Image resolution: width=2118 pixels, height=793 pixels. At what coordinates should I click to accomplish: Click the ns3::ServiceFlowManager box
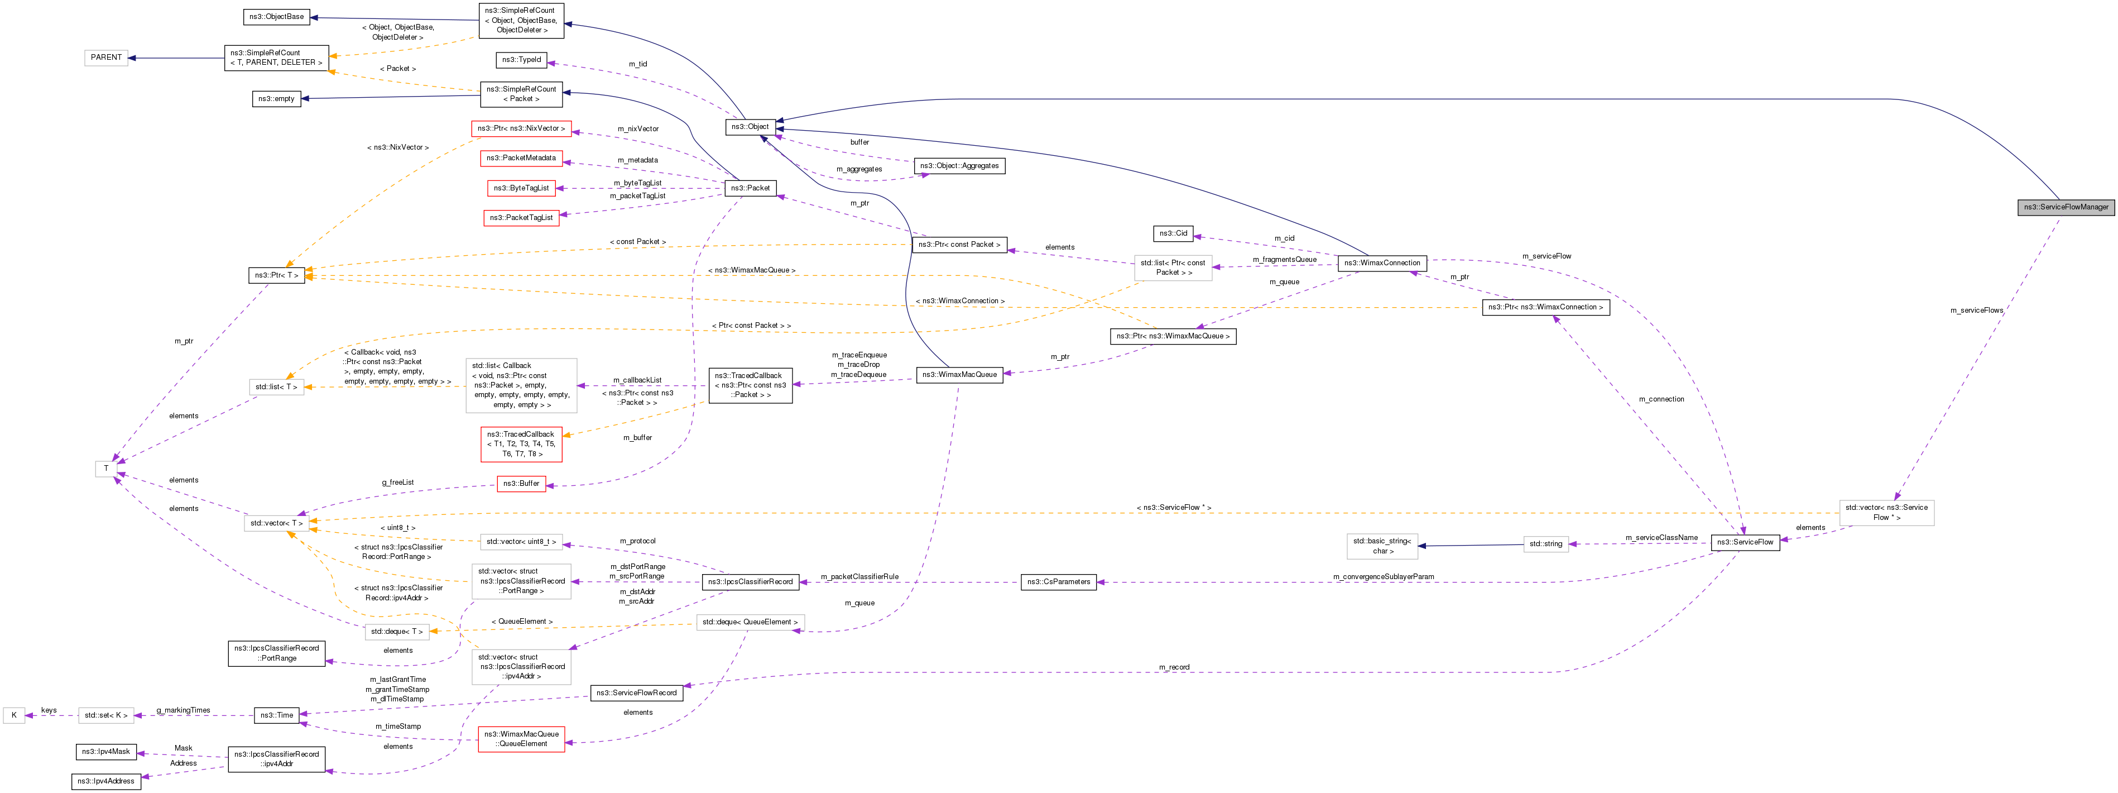[x=2064, y=207]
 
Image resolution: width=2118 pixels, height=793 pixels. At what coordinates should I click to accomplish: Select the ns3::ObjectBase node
[x=276, y=16]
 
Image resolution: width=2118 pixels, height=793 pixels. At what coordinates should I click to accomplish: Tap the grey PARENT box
[x=106, y=58]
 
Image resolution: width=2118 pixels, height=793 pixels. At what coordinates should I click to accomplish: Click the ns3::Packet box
[x=750, y=188]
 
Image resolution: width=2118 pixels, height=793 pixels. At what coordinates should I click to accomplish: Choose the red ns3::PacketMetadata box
[x=521, y=158]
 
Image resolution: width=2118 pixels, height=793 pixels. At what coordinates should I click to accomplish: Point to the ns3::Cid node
[x=1173, y=233]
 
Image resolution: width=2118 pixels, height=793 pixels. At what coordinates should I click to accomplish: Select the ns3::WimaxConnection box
[x=1381, y=263]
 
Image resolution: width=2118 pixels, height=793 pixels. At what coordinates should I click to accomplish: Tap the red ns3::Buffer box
[x=521, y=484]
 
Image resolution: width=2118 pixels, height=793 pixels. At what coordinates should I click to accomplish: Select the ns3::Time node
[x=276, y=716]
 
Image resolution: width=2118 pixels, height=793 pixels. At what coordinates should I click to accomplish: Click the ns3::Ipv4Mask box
[x=106, y=752]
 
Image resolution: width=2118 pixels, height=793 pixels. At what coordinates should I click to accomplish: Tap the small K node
[x=14, y=716]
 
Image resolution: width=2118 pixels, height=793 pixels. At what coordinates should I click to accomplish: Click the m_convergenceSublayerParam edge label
[x=1383, y=577]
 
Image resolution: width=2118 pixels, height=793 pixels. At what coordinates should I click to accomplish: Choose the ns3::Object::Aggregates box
[x=959, y=166]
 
